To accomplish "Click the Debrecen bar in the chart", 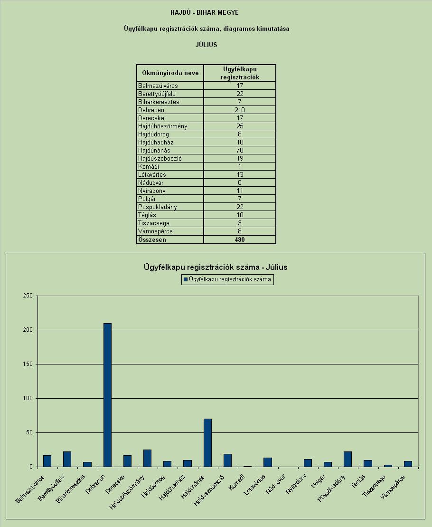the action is [107, 395].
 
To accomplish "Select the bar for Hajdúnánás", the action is [208, 442].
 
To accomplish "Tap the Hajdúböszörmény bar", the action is [147, 458].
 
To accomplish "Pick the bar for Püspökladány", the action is [348, 459].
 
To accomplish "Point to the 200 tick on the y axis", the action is [28, 330].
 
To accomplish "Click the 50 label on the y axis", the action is [29, 432].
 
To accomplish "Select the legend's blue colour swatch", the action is [185, 279].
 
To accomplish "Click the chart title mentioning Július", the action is [216, 267].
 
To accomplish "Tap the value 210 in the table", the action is [240, 110].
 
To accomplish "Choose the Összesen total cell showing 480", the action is [240, 240].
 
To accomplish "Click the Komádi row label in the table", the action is [149, 166].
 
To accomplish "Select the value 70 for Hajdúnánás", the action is [240, 150].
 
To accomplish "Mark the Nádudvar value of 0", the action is [240, 182].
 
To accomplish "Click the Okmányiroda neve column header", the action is [170, 73].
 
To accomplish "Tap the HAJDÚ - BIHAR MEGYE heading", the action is [205, 12].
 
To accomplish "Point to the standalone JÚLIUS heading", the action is [206, 45].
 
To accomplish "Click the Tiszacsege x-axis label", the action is [374, 486].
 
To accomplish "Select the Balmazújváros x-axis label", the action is [30, 489].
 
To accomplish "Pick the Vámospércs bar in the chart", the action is [408, 464].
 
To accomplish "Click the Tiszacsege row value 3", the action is [240, 223].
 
